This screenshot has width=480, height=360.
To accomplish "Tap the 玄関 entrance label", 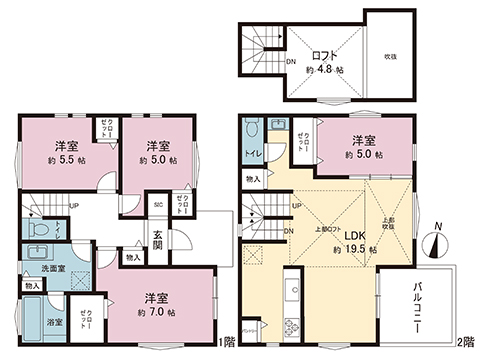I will click(x=158, y=242).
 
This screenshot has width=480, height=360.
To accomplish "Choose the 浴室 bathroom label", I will click(x=55, y=322).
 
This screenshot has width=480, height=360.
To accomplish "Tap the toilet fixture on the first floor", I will click(x=37, y=229).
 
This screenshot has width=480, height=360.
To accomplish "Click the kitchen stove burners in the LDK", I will click(x=292, y=324).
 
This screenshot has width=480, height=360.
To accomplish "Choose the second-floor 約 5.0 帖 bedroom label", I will click(x=364, y=148).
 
